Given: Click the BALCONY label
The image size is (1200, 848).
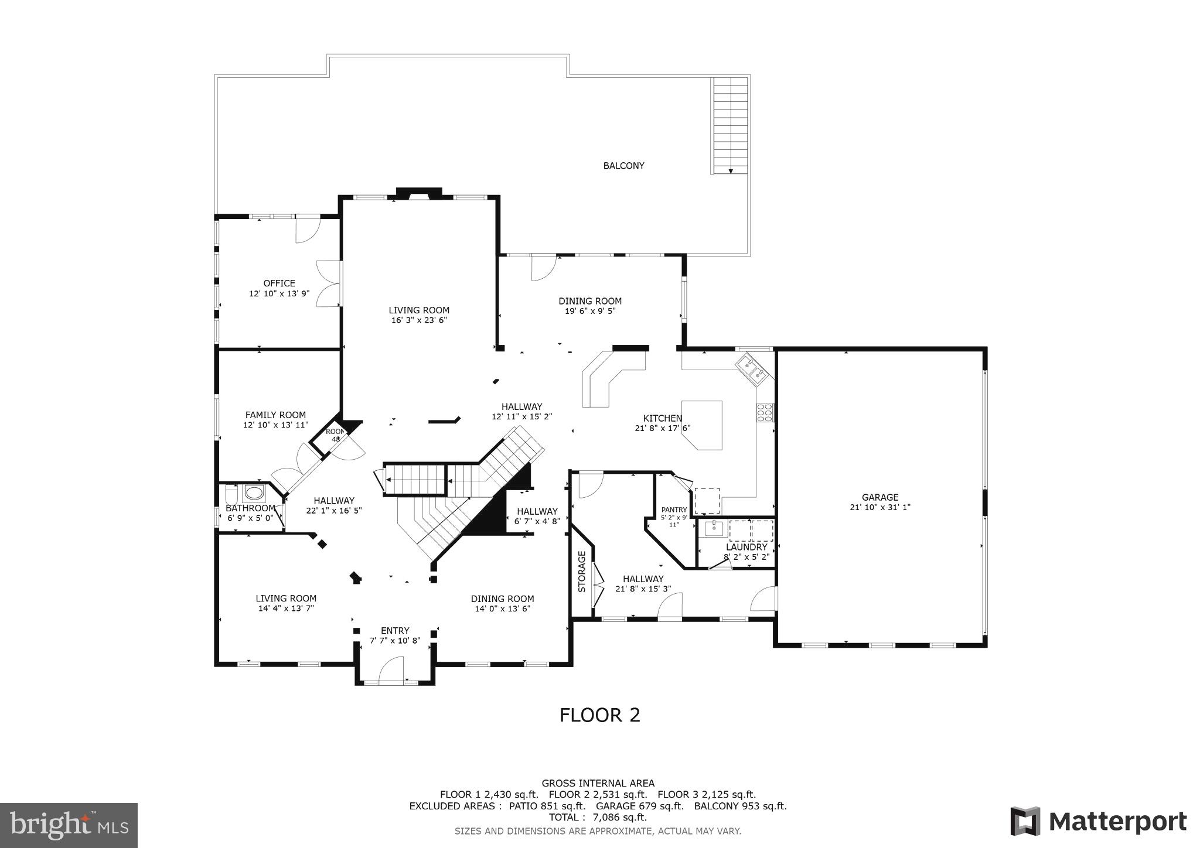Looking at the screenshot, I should point(623,166).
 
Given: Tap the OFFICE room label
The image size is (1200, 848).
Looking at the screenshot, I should point(279,283).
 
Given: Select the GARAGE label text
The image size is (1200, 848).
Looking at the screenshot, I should point(879,498).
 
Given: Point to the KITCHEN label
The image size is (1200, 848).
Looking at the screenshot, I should point(662,418).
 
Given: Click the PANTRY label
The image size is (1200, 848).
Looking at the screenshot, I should point(674,510).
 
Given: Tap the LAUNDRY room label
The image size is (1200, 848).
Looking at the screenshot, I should point(746,547).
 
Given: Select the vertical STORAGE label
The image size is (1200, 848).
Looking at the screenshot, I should point(582,572).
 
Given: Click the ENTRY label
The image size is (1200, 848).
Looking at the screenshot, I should point(395,631).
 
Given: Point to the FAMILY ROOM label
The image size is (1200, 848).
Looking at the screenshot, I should point(275,415).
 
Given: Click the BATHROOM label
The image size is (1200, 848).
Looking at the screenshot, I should point(250,508).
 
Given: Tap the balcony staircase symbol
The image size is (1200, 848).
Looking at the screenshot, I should point(730,126).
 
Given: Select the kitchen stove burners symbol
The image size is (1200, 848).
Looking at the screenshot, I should point(765,413).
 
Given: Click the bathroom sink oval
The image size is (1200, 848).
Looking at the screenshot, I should point(254,493).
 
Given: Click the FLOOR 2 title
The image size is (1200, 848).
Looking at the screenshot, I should point(599,715).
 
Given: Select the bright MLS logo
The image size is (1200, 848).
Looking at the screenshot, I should point(69,825).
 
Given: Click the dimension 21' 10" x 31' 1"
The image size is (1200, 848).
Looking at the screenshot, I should point(879,508).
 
